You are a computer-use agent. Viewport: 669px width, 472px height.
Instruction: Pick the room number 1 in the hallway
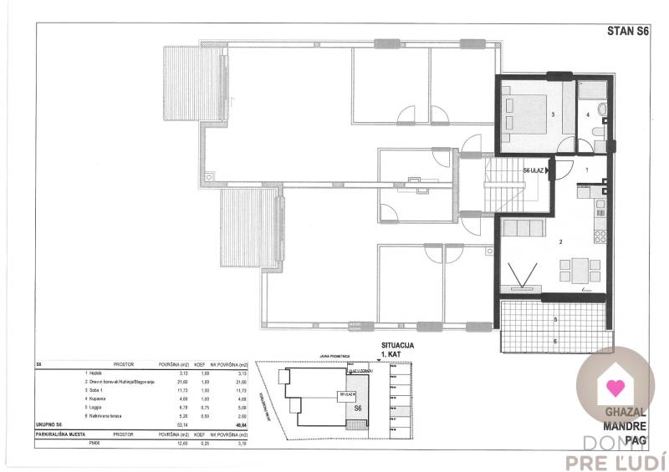coord(587,170)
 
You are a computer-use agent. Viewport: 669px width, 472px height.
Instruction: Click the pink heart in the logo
coord(615,388)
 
